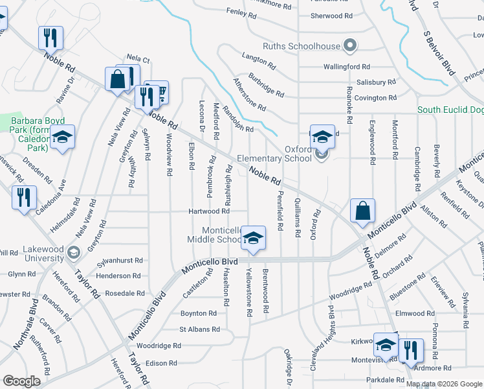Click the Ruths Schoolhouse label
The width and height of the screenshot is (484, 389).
coord(301,46)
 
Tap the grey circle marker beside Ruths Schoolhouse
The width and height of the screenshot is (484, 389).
coord(350,45)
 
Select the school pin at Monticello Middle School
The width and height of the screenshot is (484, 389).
coord(254,238)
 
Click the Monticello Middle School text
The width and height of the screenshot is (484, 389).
coord(222,235)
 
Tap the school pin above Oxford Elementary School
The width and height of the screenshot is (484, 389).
coord(322,137)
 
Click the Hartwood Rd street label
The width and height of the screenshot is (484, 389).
coord(208,211)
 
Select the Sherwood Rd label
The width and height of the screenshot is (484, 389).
coord(331,16)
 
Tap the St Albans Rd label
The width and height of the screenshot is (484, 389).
coord(199,329)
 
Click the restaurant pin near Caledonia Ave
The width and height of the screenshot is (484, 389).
coord(24,198)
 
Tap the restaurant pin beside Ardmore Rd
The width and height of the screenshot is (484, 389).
coord(410,351)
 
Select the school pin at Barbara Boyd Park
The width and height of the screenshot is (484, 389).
coord(63,137)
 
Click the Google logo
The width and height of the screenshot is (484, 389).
coord(22,381)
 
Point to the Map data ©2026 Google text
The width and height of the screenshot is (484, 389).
coord(444,384)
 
